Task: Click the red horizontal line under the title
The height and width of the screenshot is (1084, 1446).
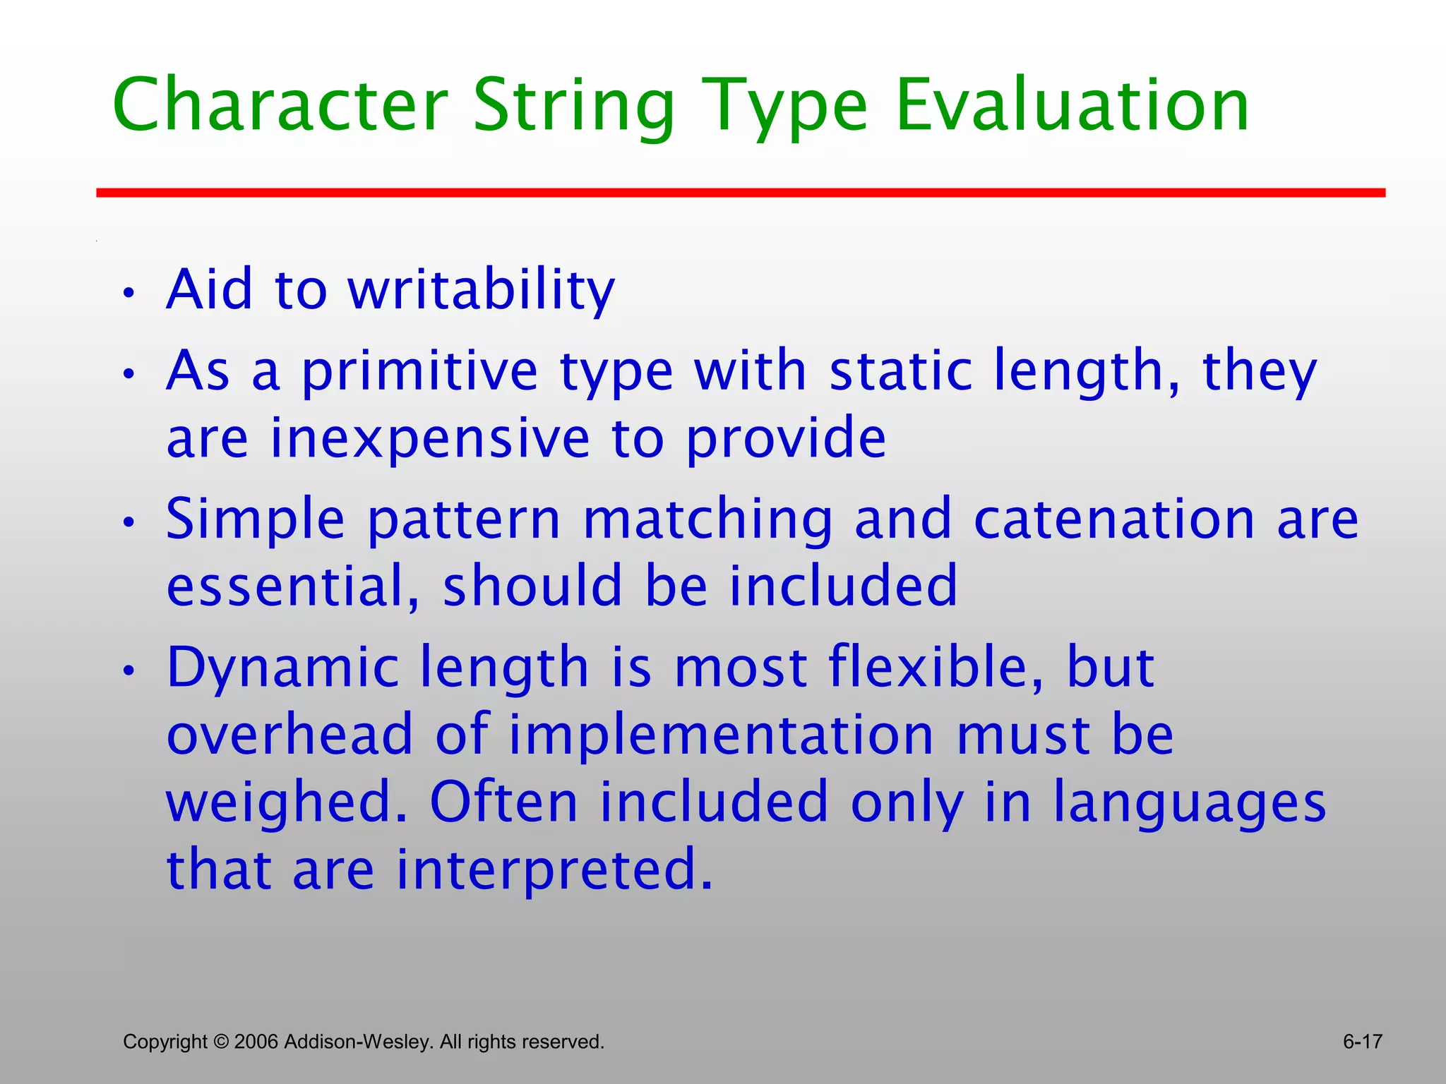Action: pos(741,193)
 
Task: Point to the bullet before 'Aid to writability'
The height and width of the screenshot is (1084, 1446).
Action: pos(128,293)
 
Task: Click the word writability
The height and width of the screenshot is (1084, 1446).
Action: pos(482,291)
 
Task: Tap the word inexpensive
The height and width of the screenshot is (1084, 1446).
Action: pos(430,438)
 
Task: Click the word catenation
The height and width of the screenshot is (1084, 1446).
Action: pos(1115,519)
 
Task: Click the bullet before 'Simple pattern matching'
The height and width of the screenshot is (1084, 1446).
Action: pos(128,523)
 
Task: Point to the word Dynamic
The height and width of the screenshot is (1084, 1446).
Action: pos(282,668)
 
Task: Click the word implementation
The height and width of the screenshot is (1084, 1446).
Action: pos(722,735)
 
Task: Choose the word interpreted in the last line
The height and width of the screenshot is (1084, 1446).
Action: pos(554,869)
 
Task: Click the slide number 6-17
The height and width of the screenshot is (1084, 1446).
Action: pos(1362,1042)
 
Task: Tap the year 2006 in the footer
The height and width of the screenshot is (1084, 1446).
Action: pos(256,1042)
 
